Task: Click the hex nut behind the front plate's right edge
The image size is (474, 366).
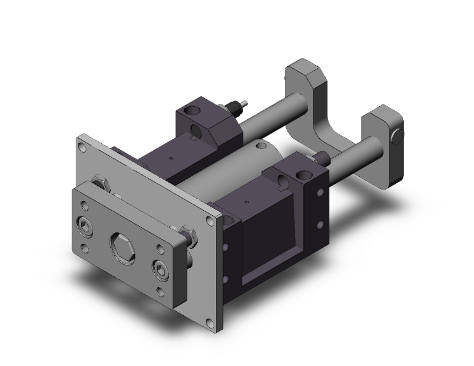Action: [189, 235]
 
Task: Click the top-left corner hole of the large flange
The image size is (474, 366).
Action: [83, 146]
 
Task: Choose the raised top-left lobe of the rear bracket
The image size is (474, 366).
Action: [305, 75]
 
